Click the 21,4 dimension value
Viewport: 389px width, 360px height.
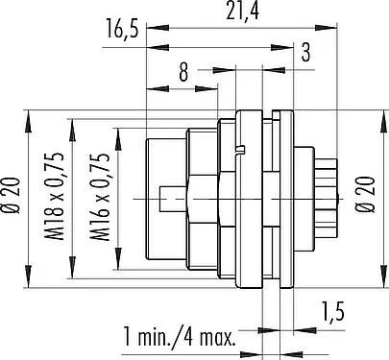tap(242, 12)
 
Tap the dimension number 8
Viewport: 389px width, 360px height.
tap(183, 72)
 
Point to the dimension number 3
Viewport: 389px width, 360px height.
tap(305, 53)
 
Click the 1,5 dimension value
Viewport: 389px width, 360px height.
tap(333, 312)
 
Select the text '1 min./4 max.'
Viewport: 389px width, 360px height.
tap(180, 338)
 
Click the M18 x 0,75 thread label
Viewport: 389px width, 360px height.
tap(53, 197)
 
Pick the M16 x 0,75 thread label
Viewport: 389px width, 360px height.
tap(100, 197)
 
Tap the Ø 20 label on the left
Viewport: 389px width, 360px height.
tap(12, 195)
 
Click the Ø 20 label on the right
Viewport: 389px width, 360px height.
tap(365, 194)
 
